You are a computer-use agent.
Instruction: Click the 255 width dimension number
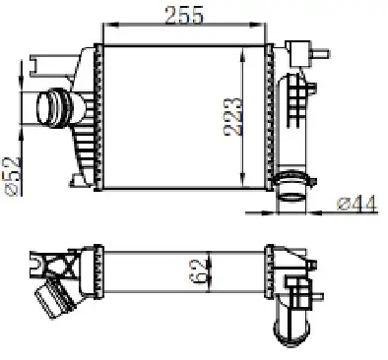[x=184, y=15]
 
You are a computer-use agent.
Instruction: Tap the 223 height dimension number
[x=233, y=116]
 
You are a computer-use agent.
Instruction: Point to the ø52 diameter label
[x=13, y=176]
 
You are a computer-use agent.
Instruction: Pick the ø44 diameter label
[x=356, y=204]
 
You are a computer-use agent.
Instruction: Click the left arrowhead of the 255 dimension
[x=110, y=25]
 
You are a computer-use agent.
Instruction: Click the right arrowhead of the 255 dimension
[x=257, y=25]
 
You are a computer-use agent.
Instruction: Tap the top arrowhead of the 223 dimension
[x=242, y=54]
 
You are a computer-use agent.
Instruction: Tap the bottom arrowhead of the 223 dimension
[x=242, y=181]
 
